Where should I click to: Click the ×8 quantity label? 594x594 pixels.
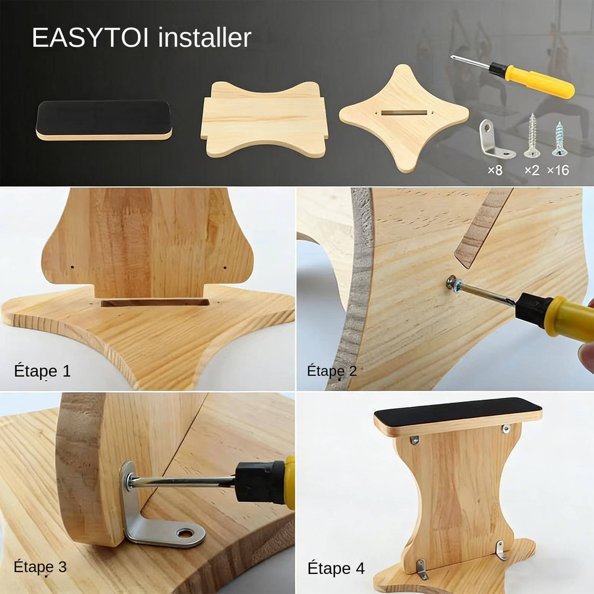coord(495,170)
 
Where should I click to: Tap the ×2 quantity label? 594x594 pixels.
coord(532,170)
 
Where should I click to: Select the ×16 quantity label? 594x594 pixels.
coord(558,170)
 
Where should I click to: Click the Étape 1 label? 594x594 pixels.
coord(42,371)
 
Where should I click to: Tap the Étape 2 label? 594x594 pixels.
coord(332,371)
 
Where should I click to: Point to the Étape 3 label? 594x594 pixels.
coord(40,567)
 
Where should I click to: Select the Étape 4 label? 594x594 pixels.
coord(336,568)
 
